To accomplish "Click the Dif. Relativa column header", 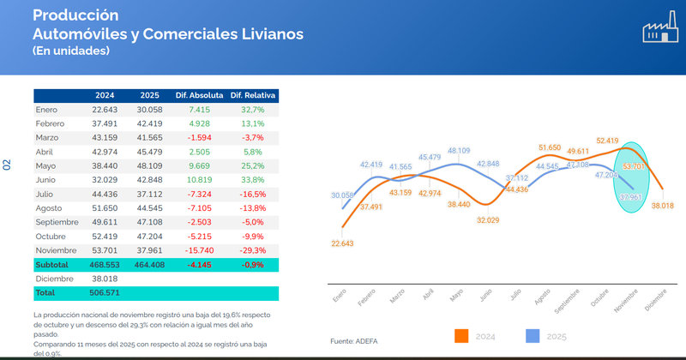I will click(252, 94).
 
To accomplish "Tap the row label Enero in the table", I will click(47, 110).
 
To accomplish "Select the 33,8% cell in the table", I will click(252, 180).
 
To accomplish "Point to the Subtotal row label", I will click(53, 264).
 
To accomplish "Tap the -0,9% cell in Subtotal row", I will click(252, 264).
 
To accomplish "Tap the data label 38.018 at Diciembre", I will click(662, 205).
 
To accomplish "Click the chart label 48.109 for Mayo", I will click(459, 150).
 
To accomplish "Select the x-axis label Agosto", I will click(542, 297).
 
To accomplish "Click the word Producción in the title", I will click(75, 15).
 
